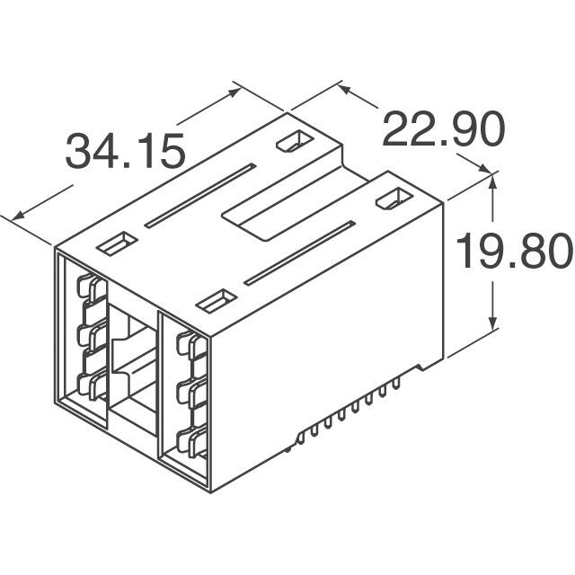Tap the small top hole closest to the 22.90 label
(292, 141)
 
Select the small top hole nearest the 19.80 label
(390, 199)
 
